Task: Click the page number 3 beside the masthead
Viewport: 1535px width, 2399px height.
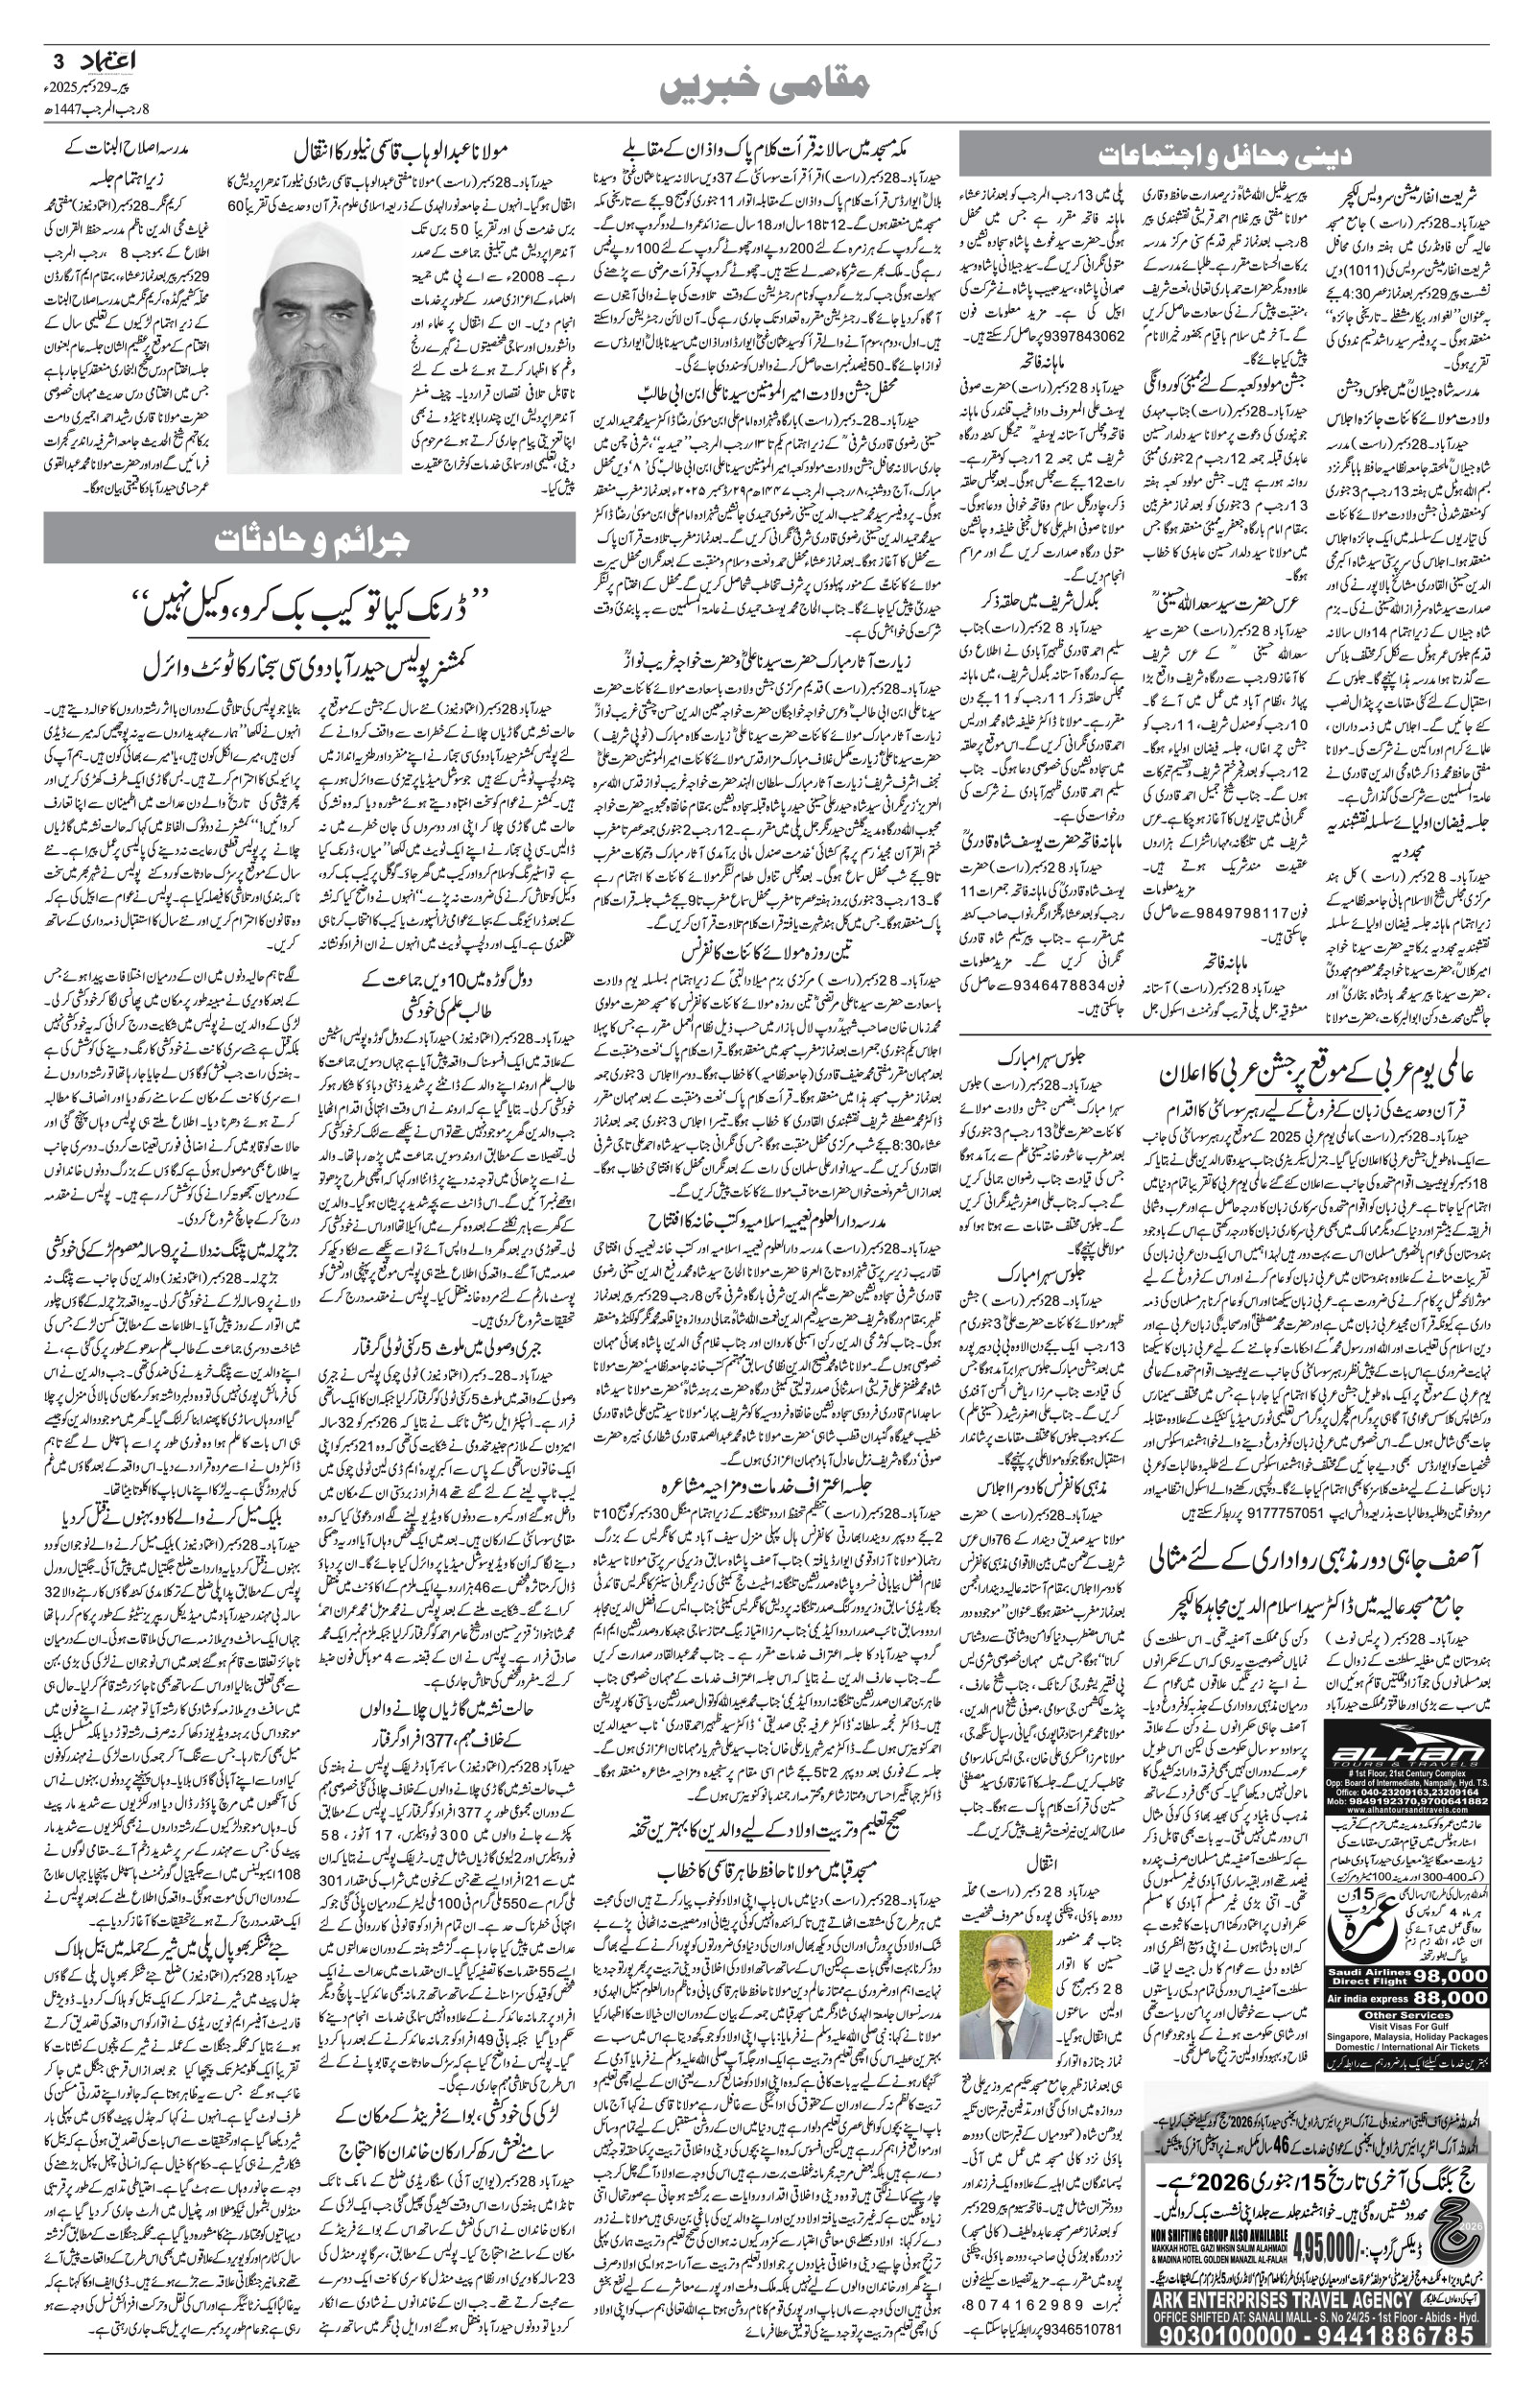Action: click(x=58, y=60)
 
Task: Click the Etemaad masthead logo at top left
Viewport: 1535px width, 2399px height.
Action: click(x=110, y=60)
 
